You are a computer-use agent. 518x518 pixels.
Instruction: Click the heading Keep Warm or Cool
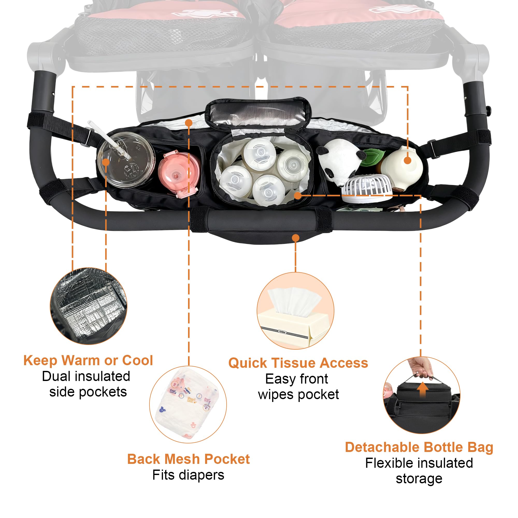coord(88,360)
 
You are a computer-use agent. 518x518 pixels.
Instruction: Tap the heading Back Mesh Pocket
coord(189,459)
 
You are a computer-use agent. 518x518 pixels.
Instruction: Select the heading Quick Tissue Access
coord(298,363)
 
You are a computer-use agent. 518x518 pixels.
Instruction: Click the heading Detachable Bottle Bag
coord(419,447)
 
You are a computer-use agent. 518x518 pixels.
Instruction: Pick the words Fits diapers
coord(188,475)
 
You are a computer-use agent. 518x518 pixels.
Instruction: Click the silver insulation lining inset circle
coord(89,306)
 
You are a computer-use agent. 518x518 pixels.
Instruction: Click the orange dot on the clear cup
coord(106,162)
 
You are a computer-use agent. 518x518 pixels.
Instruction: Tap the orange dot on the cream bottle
coord(407,160)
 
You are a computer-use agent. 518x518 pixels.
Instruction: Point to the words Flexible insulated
coord(419,463)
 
